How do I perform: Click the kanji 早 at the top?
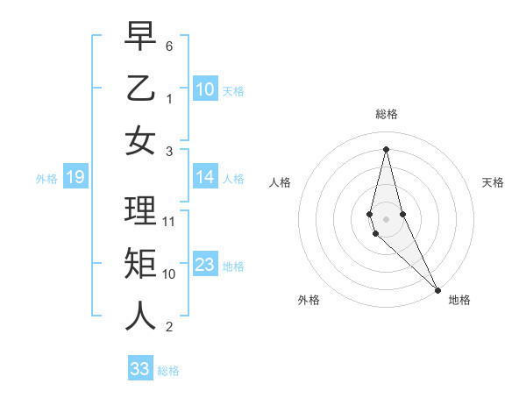(x=140, y=36)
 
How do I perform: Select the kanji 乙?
(x=140, y=89)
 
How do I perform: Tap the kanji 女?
(x=140, y=140)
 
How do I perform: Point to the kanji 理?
(x=140, y=210)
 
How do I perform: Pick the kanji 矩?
(x=140, y=263)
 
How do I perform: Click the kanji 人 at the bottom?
(x=140, y=316)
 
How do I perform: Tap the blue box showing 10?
(x=205, y=89)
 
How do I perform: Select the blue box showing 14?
(x=205, y=177)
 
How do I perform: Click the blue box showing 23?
(x=205, y=265)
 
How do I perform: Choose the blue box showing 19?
(x=75, y=178)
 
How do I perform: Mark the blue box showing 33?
(x=140, y=369)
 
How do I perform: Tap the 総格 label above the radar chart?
(x=387, y=114)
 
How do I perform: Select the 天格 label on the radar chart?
(x=493, y=182)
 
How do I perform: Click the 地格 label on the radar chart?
(x=459, y=300)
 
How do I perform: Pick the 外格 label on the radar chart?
(x=309, y=300)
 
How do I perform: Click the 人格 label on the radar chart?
(x=281, y=182)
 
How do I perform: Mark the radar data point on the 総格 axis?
(x=386, y=148)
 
